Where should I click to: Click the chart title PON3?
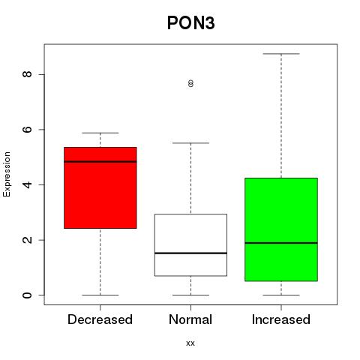(x=190, y=23)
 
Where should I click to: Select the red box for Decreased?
(x=100, y=187)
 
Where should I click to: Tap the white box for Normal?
(x=190, y=245)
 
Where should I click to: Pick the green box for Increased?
(x=281, y=229)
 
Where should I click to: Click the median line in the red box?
(x=100, y=162)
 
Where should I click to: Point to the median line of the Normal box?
(x=190, y=253)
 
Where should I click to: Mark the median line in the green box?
(x=281, y=243)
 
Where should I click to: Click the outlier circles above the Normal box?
(x=190, y=83)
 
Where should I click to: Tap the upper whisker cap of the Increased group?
(x=281, y=54)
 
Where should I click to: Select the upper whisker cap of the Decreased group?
(x=100, y=133)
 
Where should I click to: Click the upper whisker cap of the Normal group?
(x=190, y=143)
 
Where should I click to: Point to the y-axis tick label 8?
(x=28, y=74)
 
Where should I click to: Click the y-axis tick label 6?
(x=28, y=130)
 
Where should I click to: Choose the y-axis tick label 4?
(x=28, y=184)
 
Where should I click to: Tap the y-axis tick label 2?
(x=28, y=240)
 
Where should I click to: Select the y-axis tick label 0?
(x=28, y=295)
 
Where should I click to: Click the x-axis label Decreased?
(x=100, y=319)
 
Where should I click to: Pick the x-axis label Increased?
(x=281, y=319)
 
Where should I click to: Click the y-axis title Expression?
(x=7, y=174)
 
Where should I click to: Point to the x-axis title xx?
(x=190, y=343)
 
